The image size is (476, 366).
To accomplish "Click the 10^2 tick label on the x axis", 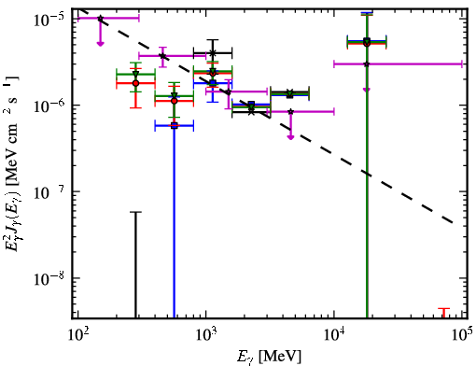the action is coord(77,334).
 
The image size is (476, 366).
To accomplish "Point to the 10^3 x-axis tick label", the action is coord(205,334).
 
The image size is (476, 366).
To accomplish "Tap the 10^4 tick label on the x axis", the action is coord(334,334).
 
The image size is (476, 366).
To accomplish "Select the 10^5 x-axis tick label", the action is coord(462,334).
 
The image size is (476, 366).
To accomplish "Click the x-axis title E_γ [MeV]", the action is coord(269,357).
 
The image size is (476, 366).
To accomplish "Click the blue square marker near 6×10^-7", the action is coord(175,126).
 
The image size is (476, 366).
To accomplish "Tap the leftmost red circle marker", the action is coord(135,83).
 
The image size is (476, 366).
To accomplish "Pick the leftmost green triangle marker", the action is coord(135,74).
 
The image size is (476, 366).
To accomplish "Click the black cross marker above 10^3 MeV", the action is coord(213,53).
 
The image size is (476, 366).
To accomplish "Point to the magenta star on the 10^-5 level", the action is coord(100,19).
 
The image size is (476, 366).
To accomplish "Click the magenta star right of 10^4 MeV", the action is coord(367,64).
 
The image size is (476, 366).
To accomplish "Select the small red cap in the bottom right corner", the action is coord(444,309).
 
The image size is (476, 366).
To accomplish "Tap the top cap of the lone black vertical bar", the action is coord(135,212).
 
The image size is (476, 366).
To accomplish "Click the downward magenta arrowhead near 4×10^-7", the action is coord(290,137).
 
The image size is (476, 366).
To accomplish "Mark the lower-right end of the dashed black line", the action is coord(453,223).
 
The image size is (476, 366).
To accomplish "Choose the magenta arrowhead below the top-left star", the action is coord(100,44).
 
